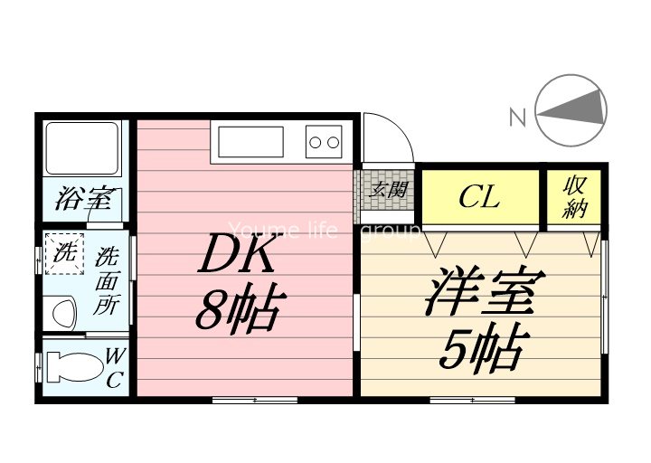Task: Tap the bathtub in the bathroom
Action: [82, 149]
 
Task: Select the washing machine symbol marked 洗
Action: [64, 254]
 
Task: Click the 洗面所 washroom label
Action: [106, 280]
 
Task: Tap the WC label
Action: [115, 368]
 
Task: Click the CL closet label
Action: [479, 196]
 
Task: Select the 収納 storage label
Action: [575, 196]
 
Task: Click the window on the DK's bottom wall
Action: [254, 399]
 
